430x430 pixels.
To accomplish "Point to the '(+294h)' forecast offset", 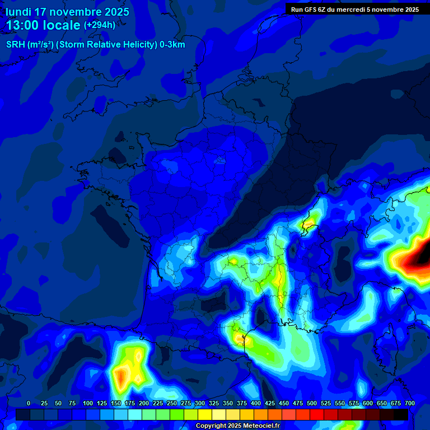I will pos(100,25).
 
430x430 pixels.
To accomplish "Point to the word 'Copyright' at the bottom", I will pos(211,426).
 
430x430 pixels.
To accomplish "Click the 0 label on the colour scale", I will pos(29,404).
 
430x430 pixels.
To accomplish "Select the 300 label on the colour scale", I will pos(200,404).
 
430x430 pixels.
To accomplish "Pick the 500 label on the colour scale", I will pos(312,404).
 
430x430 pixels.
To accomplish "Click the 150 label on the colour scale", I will pos(116,404).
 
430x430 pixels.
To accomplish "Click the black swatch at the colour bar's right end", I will pos(401,414).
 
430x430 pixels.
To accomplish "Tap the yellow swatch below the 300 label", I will pos(204,414).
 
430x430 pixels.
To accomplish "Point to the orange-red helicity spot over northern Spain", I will pos(120,377).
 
